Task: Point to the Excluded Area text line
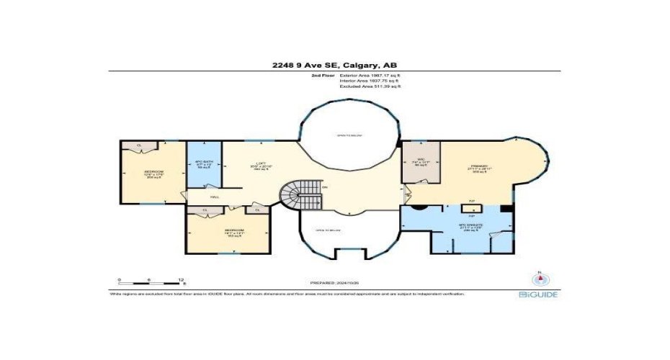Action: pyautogui.click(x=370, y=86)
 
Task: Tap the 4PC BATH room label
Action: pyautogui.click(x=204, y=165)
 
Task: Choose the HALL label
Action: pyautogui.click(x=214, y=197)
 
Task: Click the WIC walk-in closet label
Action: pyautogui.click(x=419, y=164)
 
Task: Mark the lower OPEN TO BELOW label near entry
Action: pyautogui.click(x=328, y=230)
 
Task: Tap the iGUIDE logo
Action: pyautogui.click(x=537, y=294)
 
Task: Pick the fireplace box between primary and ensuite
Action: pyautogui.click(x=472, y=209)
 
